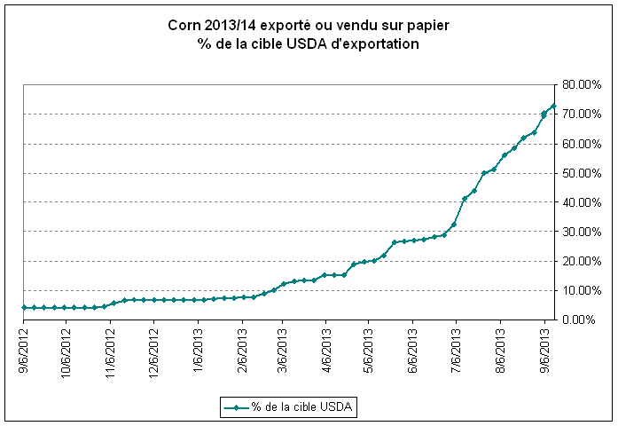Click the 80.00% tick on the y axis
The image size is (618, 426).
(x=581, y=85)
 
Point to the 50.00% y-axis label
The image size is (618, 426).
(x=581, y=173)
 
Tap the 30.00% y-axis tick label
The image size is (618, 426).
(x=581, y=232)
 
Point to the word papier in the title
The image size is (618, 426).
(x=428, y=27)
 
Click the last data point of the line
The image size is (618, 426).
(x=554, y=106)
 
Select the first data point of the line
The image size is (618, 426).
(x=25, y=307)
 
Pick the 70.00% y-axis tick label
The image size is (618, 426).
(x=581, y=114)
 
